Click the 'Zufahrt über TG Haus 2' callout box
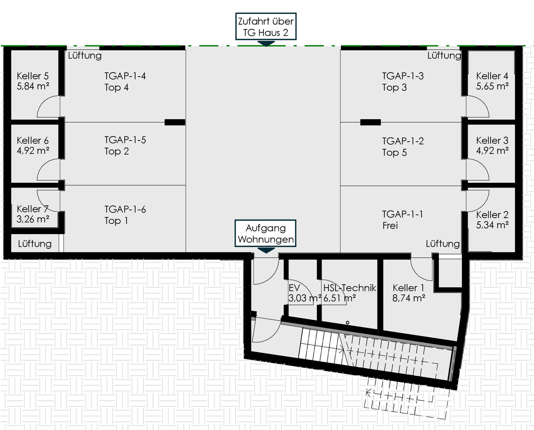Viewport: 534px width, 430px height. (266, 26)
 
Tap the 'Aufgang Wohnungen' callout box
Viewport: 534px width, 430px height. (265, 233)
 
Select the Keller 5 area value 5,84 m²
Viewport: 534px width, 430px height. (33, 86)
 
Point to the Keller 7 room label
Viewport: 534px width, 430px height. (33, 209)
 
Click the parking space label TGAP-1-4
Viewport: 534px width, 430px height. (125, 76)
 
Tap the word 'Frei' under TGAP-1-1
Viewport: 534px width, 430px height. (390, 226)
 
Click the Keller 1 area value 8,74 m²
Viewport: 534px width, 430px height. (409, 298)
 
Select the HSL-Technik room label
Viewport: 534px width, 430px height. (350, 288)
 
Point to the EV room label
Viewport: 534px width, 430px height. (294, 288)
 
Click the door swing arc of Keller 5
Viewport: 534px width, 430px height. (43, 102)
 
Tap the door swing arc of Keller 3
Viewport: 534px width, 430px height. (483, 165)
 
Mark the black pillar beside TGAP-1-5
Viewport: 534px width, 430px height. (175, 122)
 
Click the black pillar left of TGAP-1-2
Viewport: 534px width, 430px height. (370, 122)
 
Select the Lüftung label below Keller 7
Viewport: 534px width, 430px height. (35, 244)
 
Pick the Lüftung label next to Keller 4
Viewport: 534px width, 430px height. (444, 56)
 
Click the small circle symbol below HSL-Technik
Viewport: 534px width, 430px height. (347, 323)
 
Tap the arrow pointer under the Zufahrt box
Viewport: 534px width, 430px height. (266, 44)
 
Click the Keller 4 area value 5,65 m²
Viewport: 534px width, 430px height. (492, 86)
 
